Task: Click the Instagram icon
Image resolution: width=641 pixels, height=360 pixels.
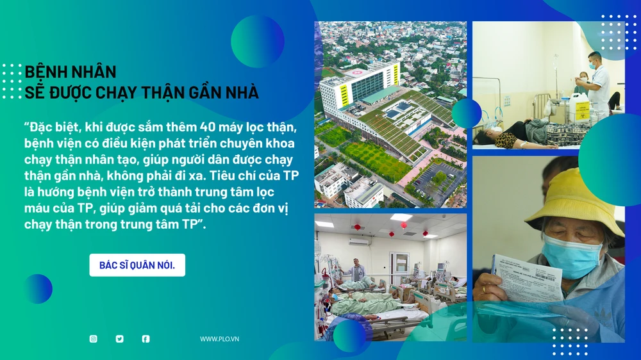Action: [x=94, y=339]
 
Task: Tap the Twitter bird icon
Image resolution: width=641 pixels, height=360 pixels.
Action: [x=120, y=339]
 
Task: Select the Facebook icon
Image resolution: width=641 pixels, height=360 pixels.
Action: [x=146, y=339]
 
